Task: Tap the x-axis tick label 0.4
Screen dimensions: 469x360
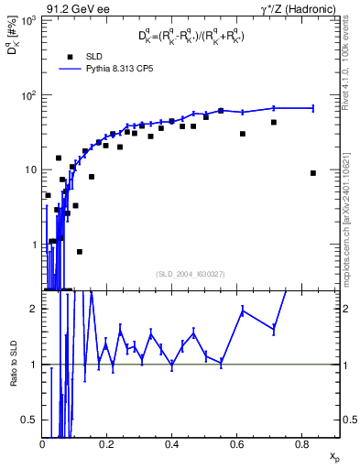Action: (x=172, y=443)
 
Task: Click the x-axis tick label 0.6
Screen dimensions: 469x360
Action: (x=236, y=443)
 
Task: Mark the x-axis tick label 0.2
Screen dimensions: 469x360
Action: (x=107, y=443)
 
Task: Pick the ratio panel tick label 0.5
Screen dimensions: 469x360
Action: (x=31, y=420)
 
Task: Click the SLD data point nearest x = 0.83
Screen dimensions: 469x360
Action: (x=313, y=173)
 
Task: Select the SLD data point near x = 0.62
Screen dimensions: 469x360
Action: (x=243, y=134)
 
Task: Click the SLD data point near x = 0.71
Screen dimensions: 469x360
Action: (x=273, y=122)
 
